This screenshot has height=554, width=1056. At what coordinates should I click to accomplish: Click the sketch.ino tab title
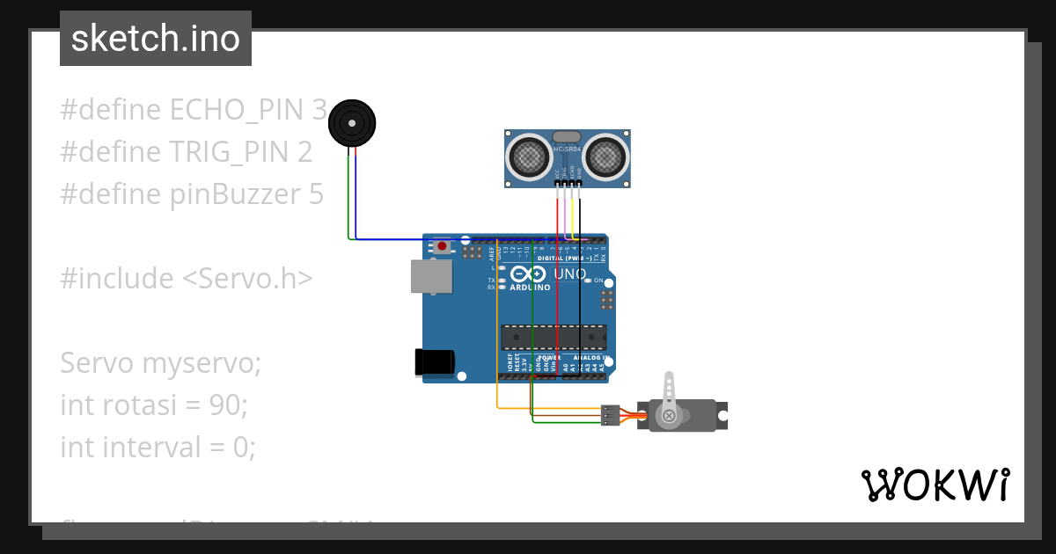click(156, 39)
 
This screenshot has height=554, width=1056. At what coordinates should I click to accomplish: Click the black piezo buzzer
click(351, 123)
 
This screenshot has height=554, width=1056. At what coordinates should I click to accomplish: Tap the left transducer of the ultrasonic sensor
click(528, 157)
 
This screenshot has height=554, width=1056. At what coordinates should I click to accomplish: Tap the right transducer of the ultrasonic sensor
click(606, 157)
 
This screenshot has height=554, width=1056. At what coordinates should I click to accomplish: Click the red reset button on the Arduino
click(442, 247)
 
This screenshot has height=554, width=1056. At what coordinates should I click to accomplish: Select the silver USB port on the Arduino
click(431, 276)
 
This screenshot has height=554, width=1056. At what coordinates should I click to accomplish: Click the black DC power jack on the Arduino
click(434, 363)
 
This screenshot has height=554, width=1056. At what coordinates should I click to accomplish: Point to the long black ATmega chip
click(554, 338)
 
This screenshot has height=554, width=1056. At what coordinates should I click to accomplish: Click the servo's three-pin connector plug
click(610, 415)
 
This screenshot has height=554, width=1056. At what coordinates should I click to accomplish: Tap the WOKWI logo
click(935, 485)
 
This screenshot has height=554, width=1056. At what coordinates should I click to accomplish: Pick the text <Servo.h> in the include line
click(247, 278)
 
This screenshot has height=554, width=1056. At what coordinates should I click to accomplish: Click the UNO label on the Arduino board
click(569, 274)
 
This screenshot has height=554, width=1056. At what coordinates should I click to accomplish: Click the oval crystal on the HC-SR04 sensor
click(567, 137)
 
